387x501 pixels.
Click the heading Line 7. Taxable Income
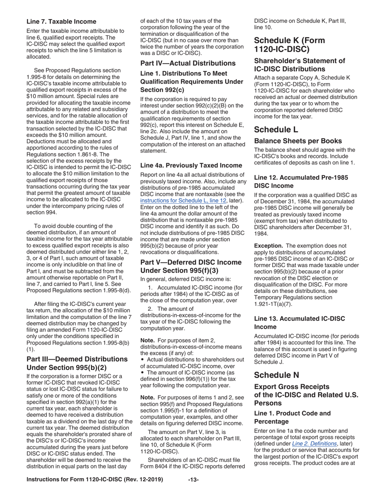coord(62,22)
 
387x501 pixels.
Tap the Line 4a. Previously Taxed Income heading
coord(191,165)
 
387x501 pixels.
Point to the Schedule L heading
coord(276,130)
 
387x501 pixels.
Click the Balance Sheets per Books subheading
coord(298,141)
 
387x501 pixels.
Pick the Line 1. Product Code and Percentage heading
coord(292,417)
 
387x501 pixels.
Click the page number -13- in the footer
coord(193,479)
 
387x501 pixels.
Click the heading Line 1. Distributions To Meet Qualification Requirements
coord(191,81)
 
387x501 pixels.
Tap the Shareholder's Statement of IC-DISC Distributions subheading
coord(299,65)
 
